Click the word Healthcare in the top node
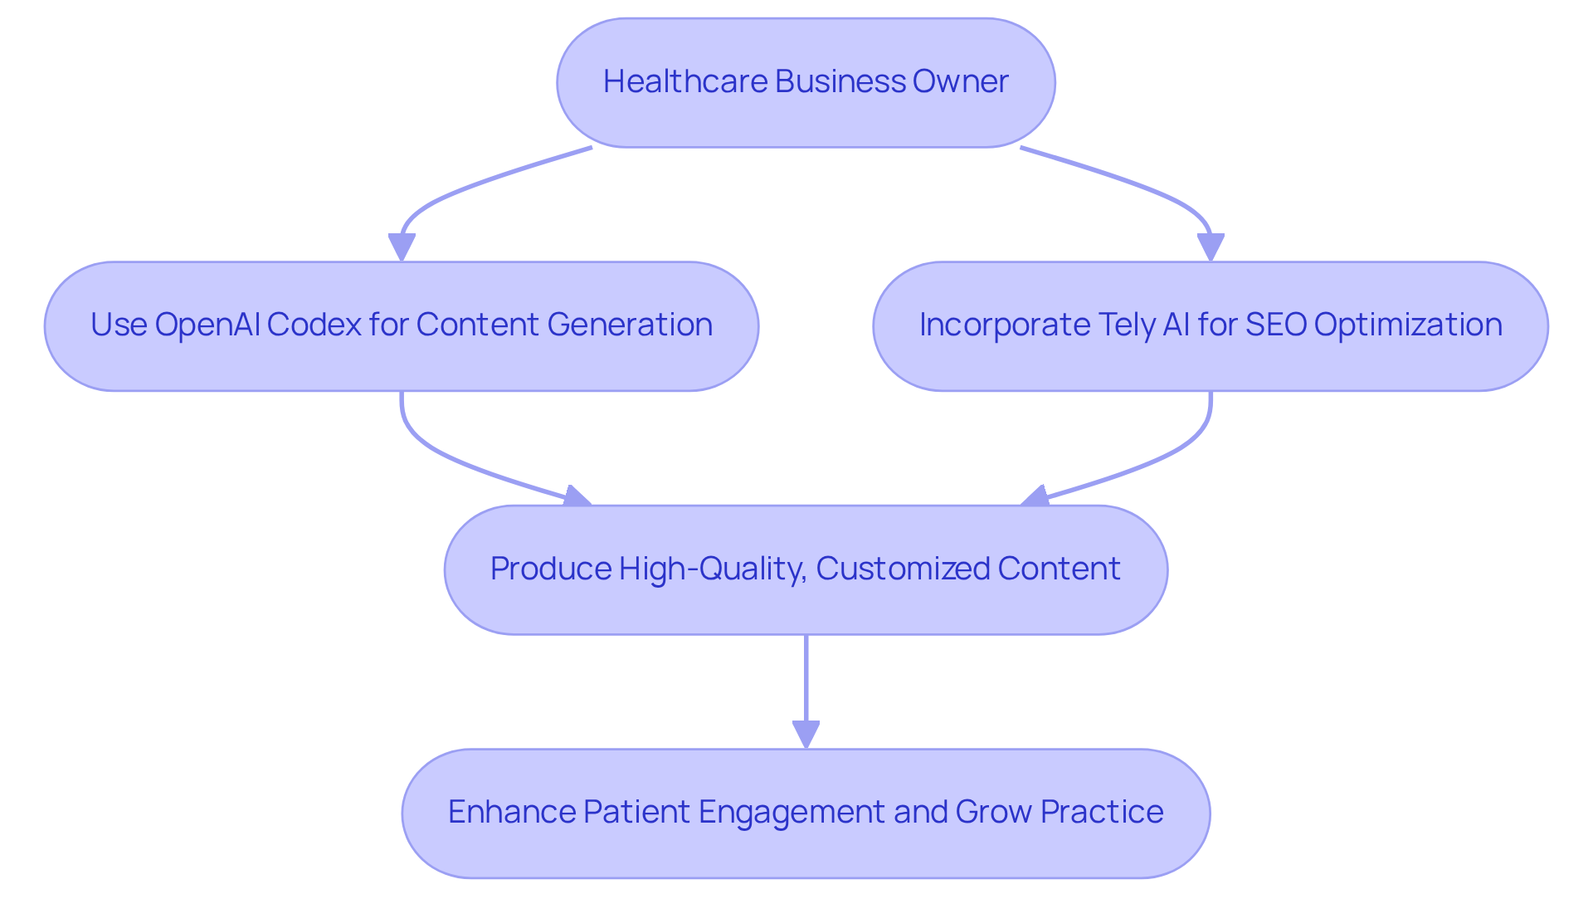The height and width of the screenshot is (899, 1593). pyautogui.click(x=684, y=81)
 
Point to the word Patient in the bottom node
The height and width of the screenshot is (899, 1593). pyautogui.click(x=636, y=812)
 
